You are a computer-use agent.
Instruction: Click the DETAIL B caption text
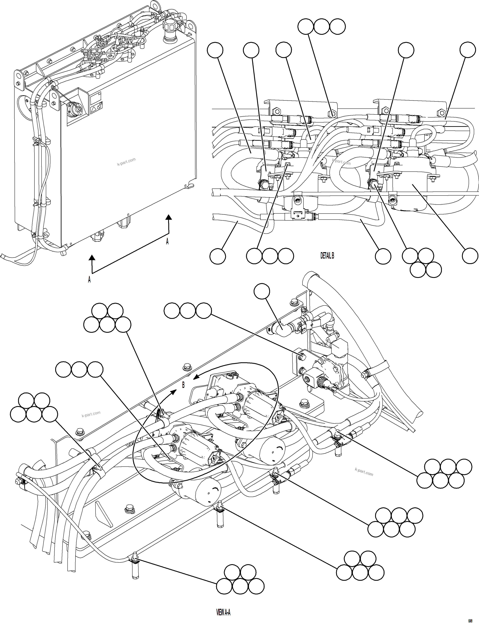click(327, 256)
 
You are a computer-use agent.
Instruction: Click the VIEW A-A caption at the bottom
click(223, 611)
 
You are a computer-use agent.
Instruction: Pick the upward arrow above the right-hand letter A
click(169, 218)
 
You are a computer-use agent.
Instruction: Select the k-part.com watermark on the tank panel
click(126, 162)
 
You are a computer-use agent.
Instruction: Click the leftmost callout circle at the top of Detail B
click(215, 50)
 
